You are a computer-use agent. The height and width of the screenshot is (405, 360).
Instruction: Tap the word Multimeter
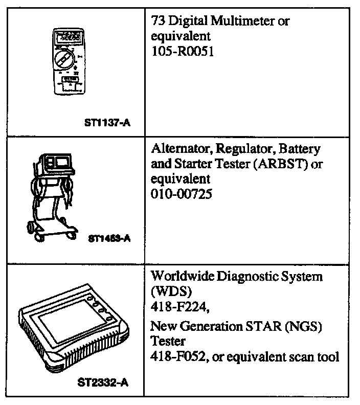[245, 21]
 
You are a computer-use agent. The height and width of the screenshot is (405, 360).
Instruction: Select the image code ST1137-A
[107, 123]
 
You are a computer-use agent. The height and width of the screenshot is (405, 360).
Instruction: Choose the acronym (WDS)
[164, 292]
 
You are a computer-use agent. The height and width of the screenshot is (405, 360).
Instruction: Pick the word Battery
[302, 149]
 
